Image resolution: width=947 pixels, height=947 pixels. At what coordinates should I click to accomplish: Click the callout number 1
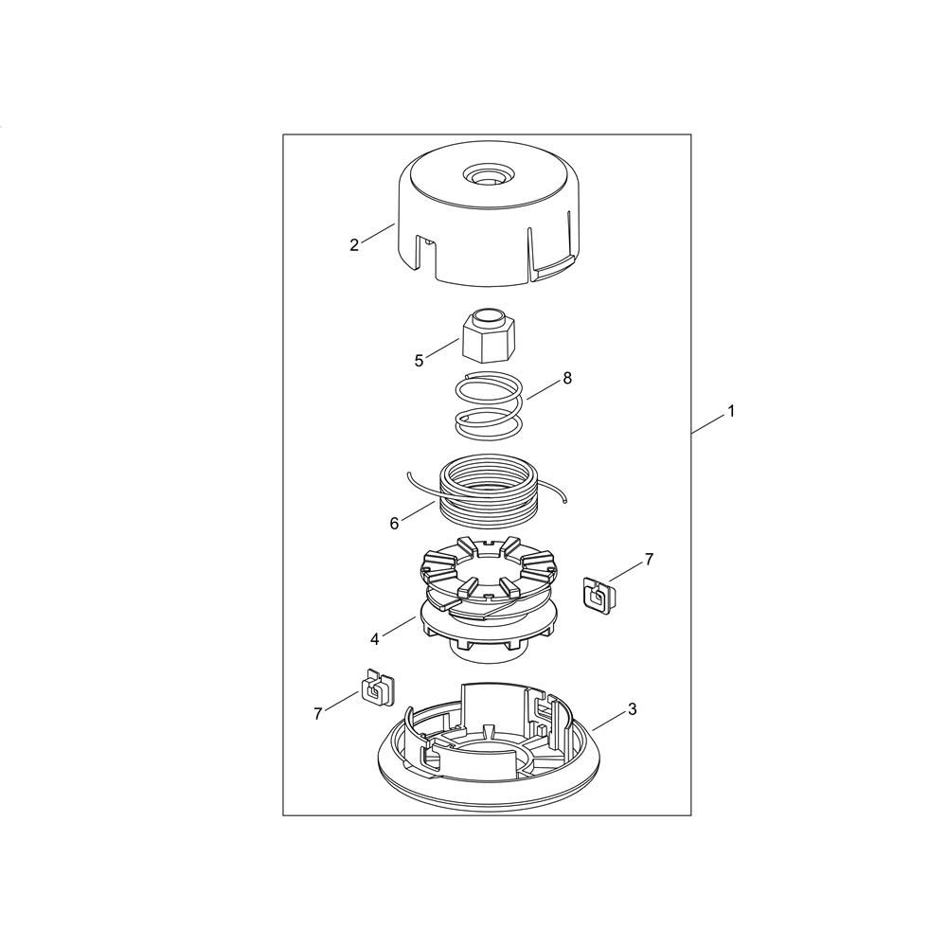pyautogui.click(x=731, y=411)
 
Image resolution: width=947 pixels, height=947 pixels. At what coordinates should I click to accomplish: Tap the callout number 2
pyautogui.click(x=354, y=245)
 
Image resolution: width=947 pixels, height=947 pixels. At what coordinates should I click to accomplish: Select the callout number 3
pyautogui.click(x=633, y=709)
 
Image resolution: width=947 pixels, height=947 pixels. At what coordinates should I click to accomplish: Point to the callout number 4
pyautogui.click(x=374, y=639)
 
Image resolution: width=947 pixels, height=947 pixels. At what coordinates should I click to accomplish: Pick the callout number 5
pyautogui.click(x=420, y=361)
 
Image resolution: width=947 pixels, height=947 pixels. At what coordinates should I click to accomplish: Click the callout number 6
pyautogui.click(x=394, y=524)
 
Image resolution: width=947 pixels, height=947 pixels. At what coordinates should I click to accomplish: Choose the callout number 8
pyautogui.click(x=566, y=379)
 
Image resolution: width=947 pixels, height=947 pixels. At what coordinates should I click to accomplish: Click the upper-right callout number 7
pyautogui.click(x=650, y=560)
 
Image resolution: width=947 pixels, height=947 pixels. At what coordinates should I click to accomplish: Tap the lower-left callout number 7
pyautogui.click(x=318, y=714)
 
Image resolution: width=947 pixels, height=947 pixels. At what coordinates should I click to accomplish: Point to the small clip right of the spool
pyautogui.click(x=598, y=595)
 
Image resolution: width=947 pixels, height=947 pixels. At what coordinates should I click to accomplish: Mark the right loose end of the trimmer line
pyautogui.click(x=565, y=500)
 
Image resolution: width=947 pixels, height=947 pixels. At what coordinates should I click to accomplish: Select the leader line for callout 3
pyautogui.click(x=609, y=721)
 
